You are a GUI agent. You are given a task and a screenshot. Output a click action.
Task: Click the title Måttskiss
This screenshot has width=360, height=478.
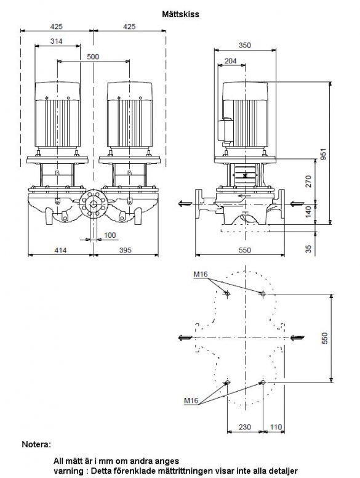[x=180, y=14]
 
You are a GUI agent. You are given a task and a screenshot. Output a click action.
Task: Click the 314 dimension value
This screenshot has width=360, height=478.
[x=57, y=41]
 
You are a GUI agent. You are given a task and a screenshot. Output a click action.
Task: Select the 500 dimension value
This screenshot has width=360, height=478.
[x=93, y=57]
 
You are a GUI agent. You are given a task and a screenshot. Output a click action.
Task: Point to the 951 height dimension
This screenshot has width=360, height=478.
[x=324, y=154]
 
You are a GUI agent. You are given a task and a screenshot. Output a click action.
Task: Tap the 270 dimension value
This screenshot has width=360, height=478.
[x=308, y=181]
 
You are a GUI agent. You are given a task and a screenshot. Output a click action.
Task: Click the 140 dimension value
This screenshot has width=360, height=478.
[x=308, y=212]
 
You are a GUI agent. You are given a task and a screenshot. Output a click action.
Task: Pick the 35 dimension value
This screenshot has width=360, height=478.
[x=309, y=249]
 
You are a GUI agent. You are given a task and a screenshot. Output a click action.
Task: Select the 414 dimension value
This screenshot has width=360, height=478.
[x=60, y=250]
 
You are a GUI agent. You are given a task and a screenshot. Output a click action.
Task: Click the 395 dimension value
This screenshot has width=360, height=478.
[x=125, y=250]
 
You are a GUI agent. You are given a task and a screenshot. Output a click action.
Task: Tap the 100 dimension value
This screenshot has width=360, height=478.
[x=110, y=235]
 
